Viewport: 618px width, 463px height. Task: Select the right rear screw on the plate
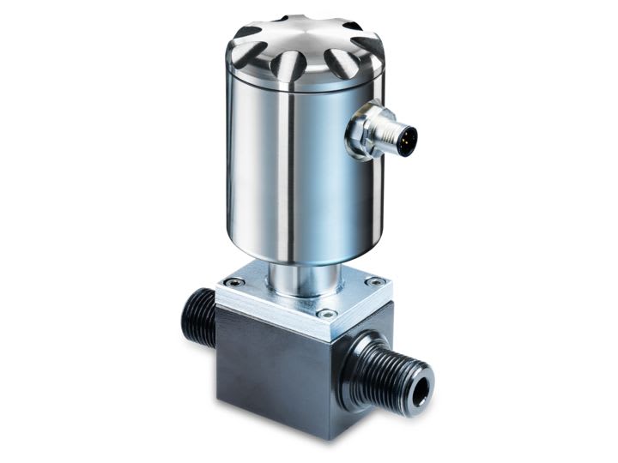[x=371, y=281]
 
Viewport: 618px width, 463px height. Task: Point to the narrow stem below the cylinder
[x=304, y=274]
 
